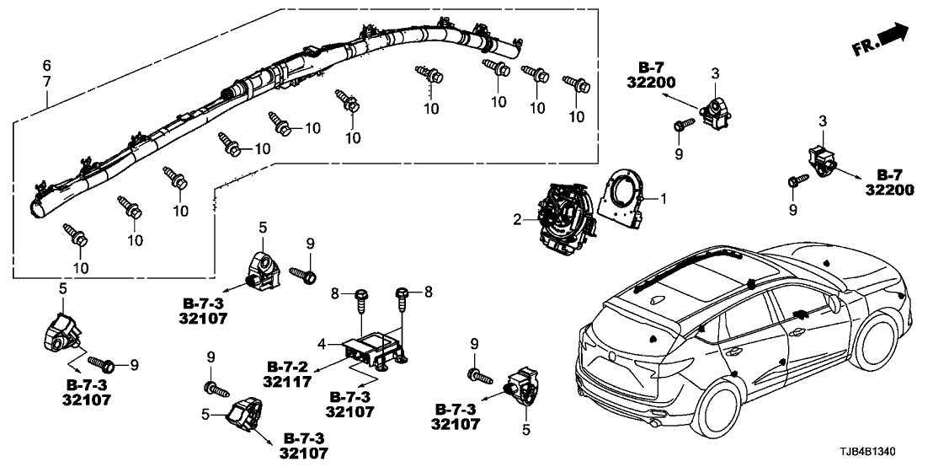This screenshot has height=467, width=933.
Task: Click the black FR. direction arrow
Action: (x=893, y=35)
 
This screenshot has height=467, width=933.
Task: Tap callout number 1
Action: (x=664, y=200)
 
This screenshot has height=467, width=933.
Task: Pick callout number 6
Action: (x=47, y=65)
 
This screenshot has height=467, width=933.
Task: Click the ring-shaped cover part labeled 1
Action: (x=626, y=196)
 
